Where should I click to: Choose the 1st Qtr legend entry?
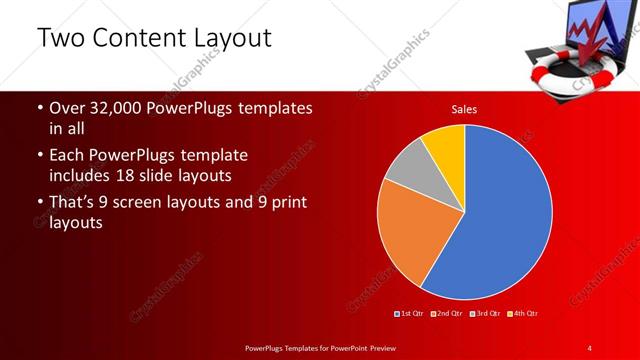pyautogui.click(x=409, y=314)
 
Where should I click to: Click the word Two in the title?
pyautogui.click(x=57, y=38)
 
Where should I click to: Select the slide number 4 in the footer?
pyautogui.click(x=590, y=347)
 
